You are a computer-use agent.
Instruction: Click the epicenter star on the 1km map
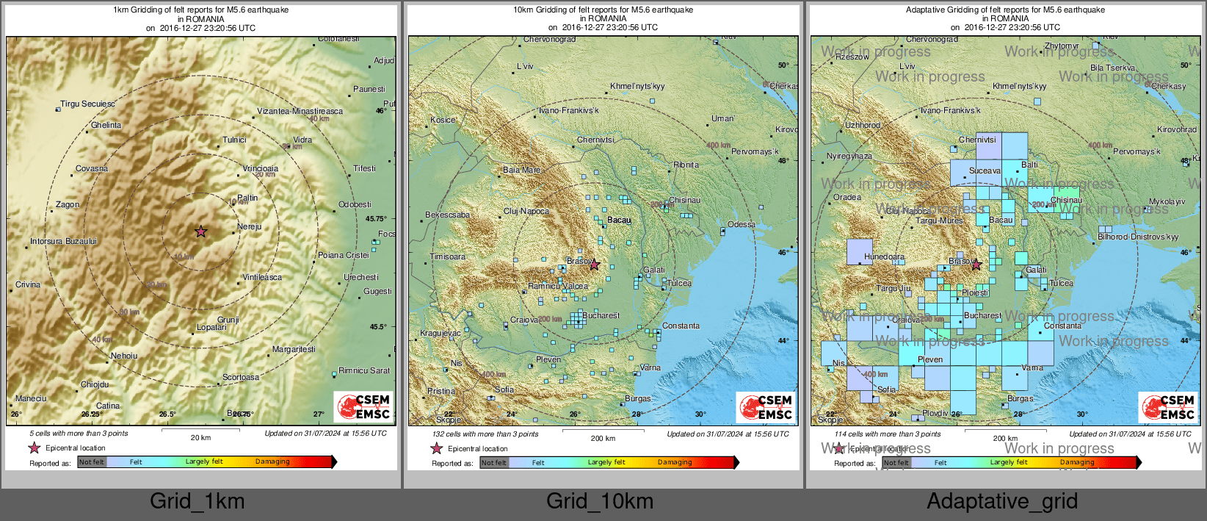point(200,231)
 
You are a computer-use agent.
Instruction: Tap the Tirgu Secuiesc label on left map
point(87,104)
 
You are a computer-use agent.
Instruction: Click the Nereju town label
point(250,226)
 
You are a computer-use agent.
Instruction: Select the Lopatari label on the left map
point(211,327)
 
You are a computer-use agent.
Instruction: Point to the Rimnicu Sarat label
point(364,370)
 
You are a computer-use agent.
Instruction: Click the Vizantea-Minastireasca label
point(300,111)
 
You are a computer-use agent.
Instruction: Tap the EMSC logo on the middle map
point(765,406)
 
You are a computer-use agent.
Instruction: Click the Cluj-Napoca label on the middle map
point(526,211)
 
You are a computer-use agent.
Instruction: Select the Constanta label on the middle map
point(681,326)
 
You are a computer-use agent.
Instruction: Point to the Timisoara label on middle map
point(447,256)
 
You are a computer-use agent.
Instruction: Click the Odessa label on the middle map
point(741,224)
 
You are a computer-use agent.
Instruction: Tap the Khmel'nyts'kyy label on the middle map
point(637,86)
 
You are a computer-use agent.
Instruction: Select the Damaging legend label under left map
point(272,461)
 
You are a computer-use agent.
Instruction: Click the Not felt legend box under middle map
point(493,462)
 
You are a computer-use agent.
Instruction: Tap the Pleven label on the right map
point(930,359)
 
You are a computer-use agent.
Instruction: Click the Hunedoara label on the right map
point(884,257)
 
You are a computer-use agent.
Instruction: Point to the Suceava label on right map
point(985,170)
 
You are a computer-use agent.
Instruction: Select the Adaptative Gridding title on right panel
point(1005,10)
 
